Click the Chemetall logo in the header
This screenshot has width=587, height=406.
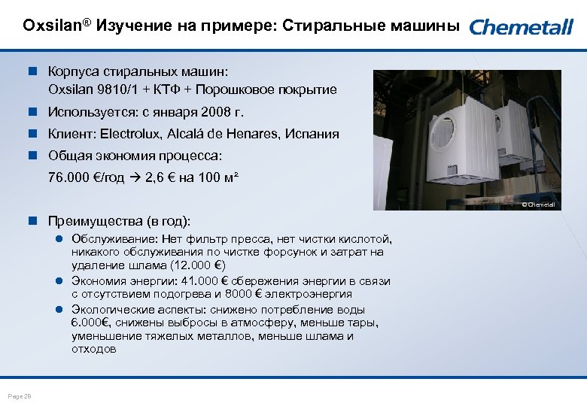522,27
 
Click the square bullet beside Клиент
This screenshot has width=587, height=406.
34,134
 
